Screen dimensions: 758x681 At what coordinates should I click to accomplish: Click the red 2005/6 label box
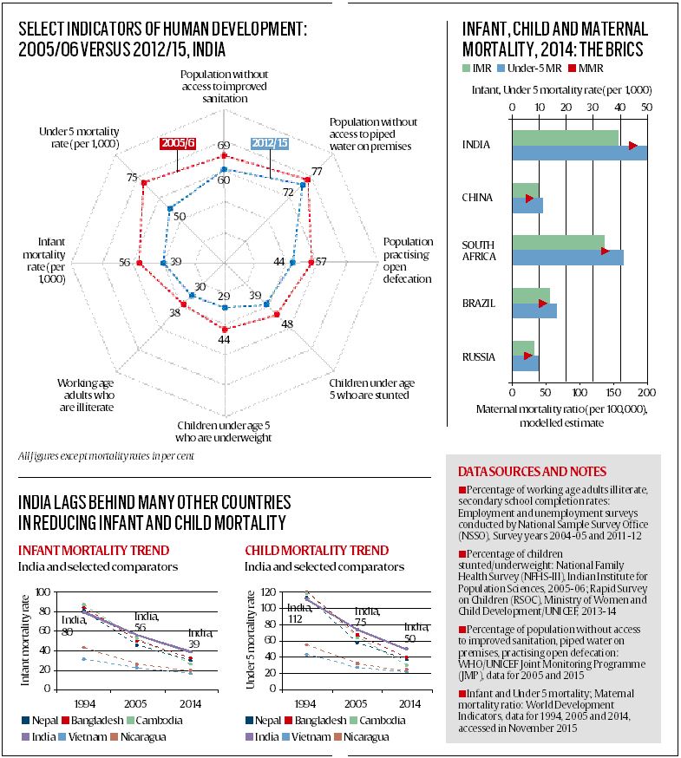pyautogui.click(x=179, y=144)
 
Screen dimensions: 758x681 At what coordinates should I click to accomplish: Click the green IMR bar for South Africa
pyautogui.click(x=558, y=242)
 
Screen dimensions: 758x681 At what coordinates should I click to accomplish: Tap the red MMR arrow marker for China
pyautogui.click(x=529, y=199)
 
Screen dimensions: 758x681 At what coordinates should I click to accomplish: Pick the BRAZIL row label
pyautogui.click(x=478, y=303)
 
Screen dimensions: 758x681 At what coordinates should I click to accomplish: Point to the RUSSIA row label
pyautogui.click(x=479, y=356)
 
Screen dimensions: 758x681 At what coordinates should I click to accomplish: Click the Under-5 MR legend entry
pyautogui.click(x=536, y=68)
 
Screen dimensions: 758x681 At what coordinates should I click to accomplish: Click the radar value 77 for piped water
pyautogui.click(x=317, y=172)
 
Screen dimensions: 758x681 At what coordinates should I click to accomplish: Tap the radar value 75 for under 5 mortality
pyautogui.click(x=132, y=178)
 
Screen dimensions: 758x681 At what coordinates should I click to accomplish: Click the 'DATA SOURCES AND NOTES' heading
pyautogui.click(x=532, y=471)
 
